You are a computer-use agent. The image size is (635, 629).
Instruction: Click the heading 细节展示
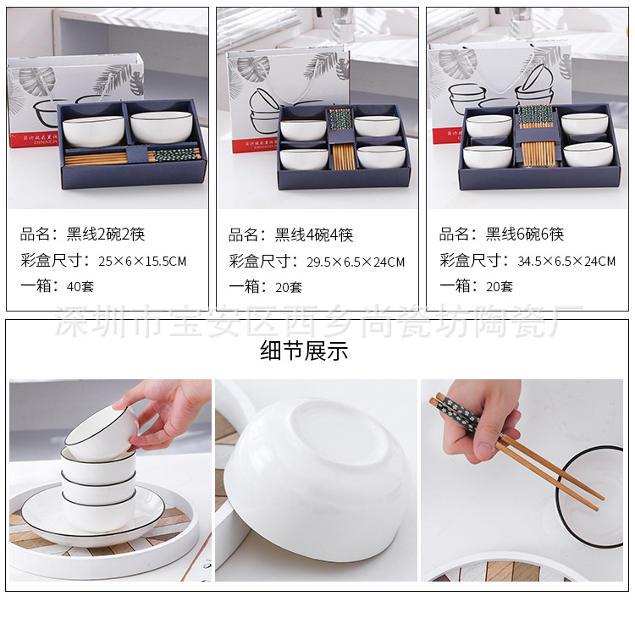304,351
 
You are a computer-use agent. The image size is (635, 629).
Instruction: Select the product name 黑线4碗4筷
314,234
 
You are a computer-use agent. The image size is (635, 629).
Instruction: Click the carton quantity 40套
80,286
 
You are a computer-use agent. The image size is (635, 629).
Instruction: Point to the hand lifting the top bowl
169,411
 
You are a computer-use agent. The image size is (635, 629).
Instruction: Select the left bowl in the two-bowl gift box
93,130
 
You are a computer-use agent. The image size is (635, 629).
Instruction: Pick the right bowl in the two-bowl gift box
161,126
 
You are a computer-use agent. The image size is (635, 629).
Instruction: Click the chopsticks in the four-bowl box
342,144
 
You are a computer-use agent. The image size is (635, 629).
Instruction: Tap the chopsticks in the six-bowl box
535,140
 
